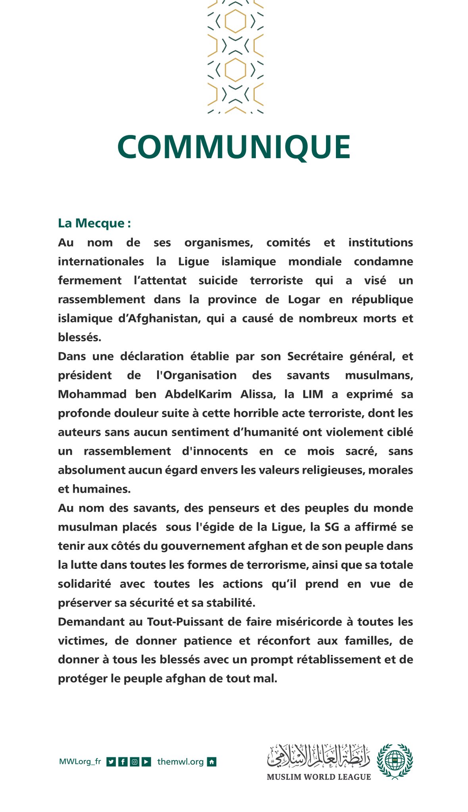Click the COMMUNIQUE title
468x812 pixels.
coord(234,147)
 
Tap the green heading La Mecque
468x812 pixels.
coord(94,223)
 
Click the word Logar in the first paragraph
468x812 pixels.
coord(304,299)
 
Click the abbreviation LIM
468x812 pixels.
coord(313,394)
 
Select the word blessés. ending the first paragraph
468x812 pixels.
coord(79,337)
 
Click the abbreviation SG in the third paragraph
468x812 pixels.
coord(332,527)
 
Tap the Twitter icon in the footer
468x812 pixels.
coord(111,762)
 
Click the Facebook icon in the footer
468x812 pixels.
coord(123,762)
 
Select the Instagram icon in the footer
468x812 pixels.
coord(134,762)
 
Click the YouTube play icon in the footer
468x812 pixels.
coord(146,762)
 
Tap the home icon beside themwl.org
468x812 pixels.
coord(212,762)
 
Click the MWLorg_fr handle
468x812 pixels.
coord(80,762)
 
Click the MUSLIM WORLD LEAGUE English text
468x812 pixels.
coord(318,777)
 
